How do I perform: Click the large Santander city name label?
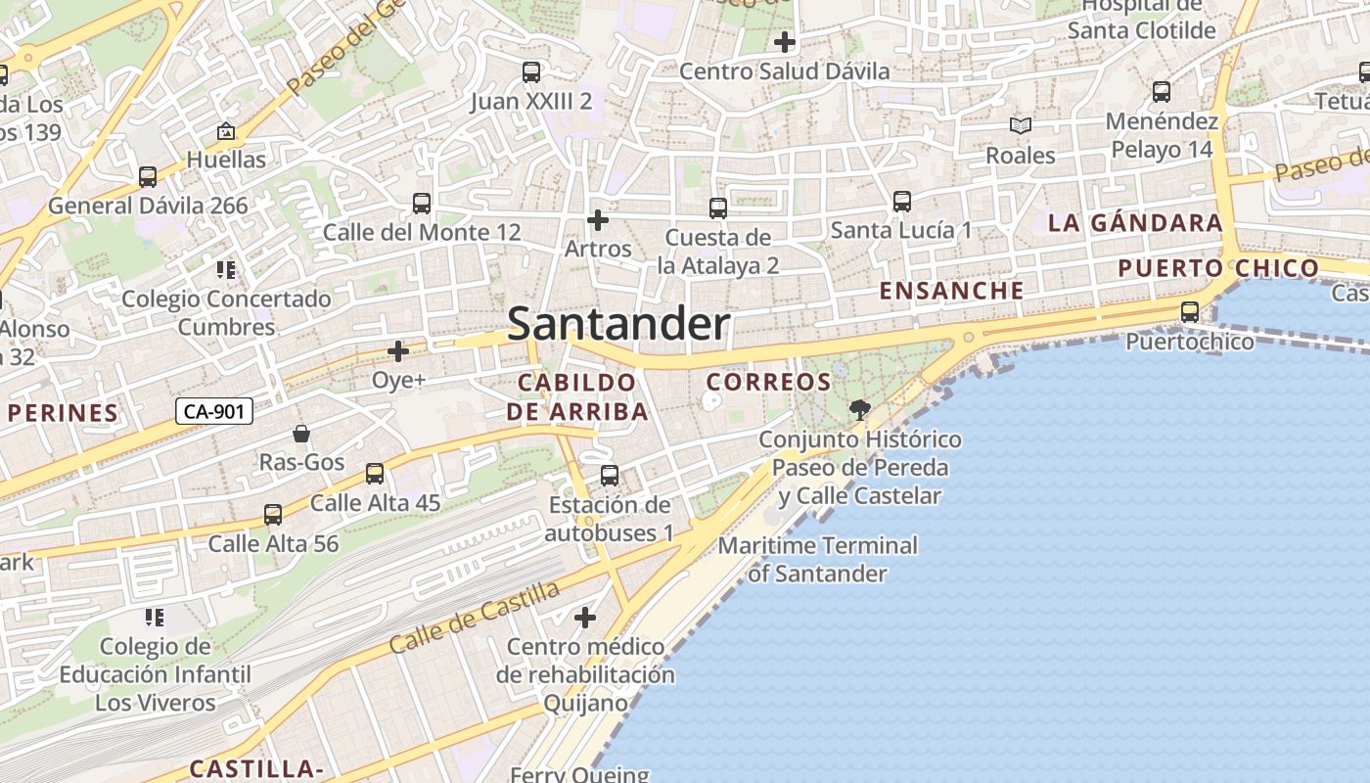point(618,324)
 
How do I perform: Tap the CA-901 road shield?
point(214,412)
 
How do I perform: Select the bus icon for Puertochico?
point(1190,312)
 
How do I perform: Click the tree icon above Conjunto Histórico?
point(860,410)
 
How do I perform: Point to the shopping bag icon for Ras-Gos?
point(301,434)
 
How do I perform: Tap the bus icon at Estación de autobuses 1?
point(610,476)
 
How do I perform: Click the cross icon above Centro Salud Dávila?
point(784,42)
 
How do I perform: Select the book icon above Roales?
point(1021,126)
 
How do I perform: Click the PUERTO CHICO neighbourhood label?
point(1218,268)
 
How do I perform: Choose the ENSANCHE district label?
point(951,291)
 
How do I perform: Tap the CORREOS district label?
point(768,382)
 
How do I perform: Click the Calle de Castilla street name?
point(475,617)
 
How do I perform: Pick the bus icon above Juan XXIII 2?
point(531,72)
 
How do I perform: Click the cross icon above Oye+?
point(398,350)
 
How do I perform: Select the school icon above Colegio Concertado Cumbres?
point(226,269)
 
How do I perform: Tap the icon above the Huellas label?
point(226,130)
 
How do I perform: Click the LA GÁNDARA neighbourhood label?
point(1135,223)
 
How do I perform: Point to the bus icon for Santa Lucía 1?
point(902,202)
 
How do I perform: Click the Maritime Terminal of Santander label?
point(818,559)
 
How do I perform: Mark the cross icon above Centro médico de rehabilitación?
point(585,618)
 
